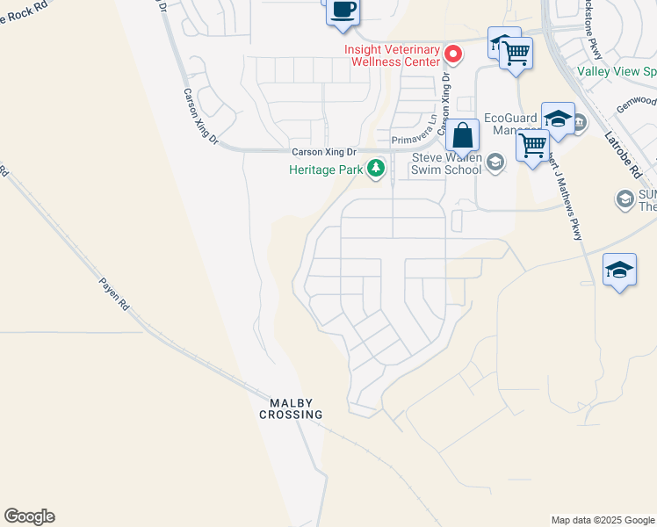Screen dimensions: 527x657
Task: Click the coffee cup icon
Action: (x=343, y=11)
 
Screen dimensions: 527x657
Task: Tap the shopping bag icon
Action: (x=462, y=137)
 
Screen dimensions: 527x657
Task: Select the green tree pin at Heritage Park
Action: (x=377, y=168)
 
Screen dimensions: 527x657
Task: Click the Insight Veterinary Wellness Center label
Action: (x=393, y=56)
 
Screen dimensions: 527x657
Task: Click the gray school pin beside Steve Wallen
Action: (x=495, y=161)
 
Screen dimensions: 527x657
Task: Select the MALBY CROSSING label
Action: (x=291, y=408)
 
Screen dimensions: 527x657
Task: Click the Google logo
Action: (x=29, y=516)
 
